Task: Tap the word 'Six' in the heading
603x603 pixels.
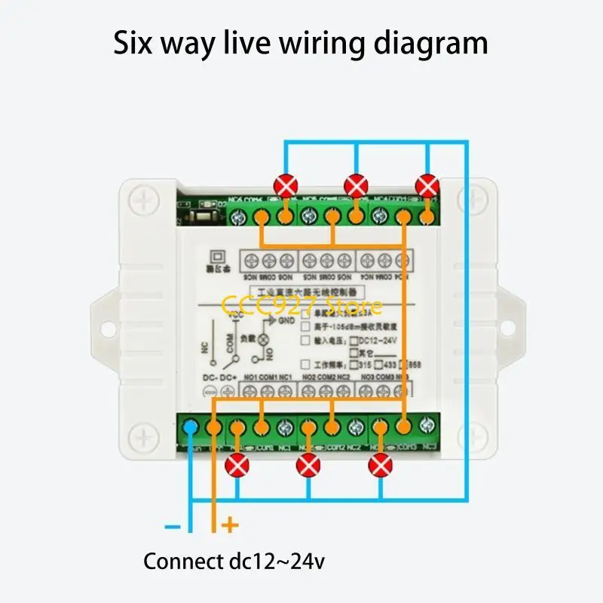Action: tap(136, 43)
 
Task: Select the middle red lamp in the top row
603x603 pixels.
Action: tap(355, 185)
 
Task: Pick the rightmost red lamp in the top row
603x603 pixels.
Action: tap(427, 185)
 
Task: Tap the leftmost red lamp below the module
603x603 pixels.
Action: tap(238, 467)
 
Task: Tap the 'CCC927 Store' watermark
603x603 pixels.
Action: tap(301, 306)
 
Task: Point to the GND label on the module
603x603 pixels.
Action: tap(265, 320)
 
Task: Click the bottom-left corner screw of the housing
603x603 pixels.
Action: tap(142, 436)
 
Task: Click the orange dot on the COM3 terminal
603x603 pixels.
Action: tap(403, 427)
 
